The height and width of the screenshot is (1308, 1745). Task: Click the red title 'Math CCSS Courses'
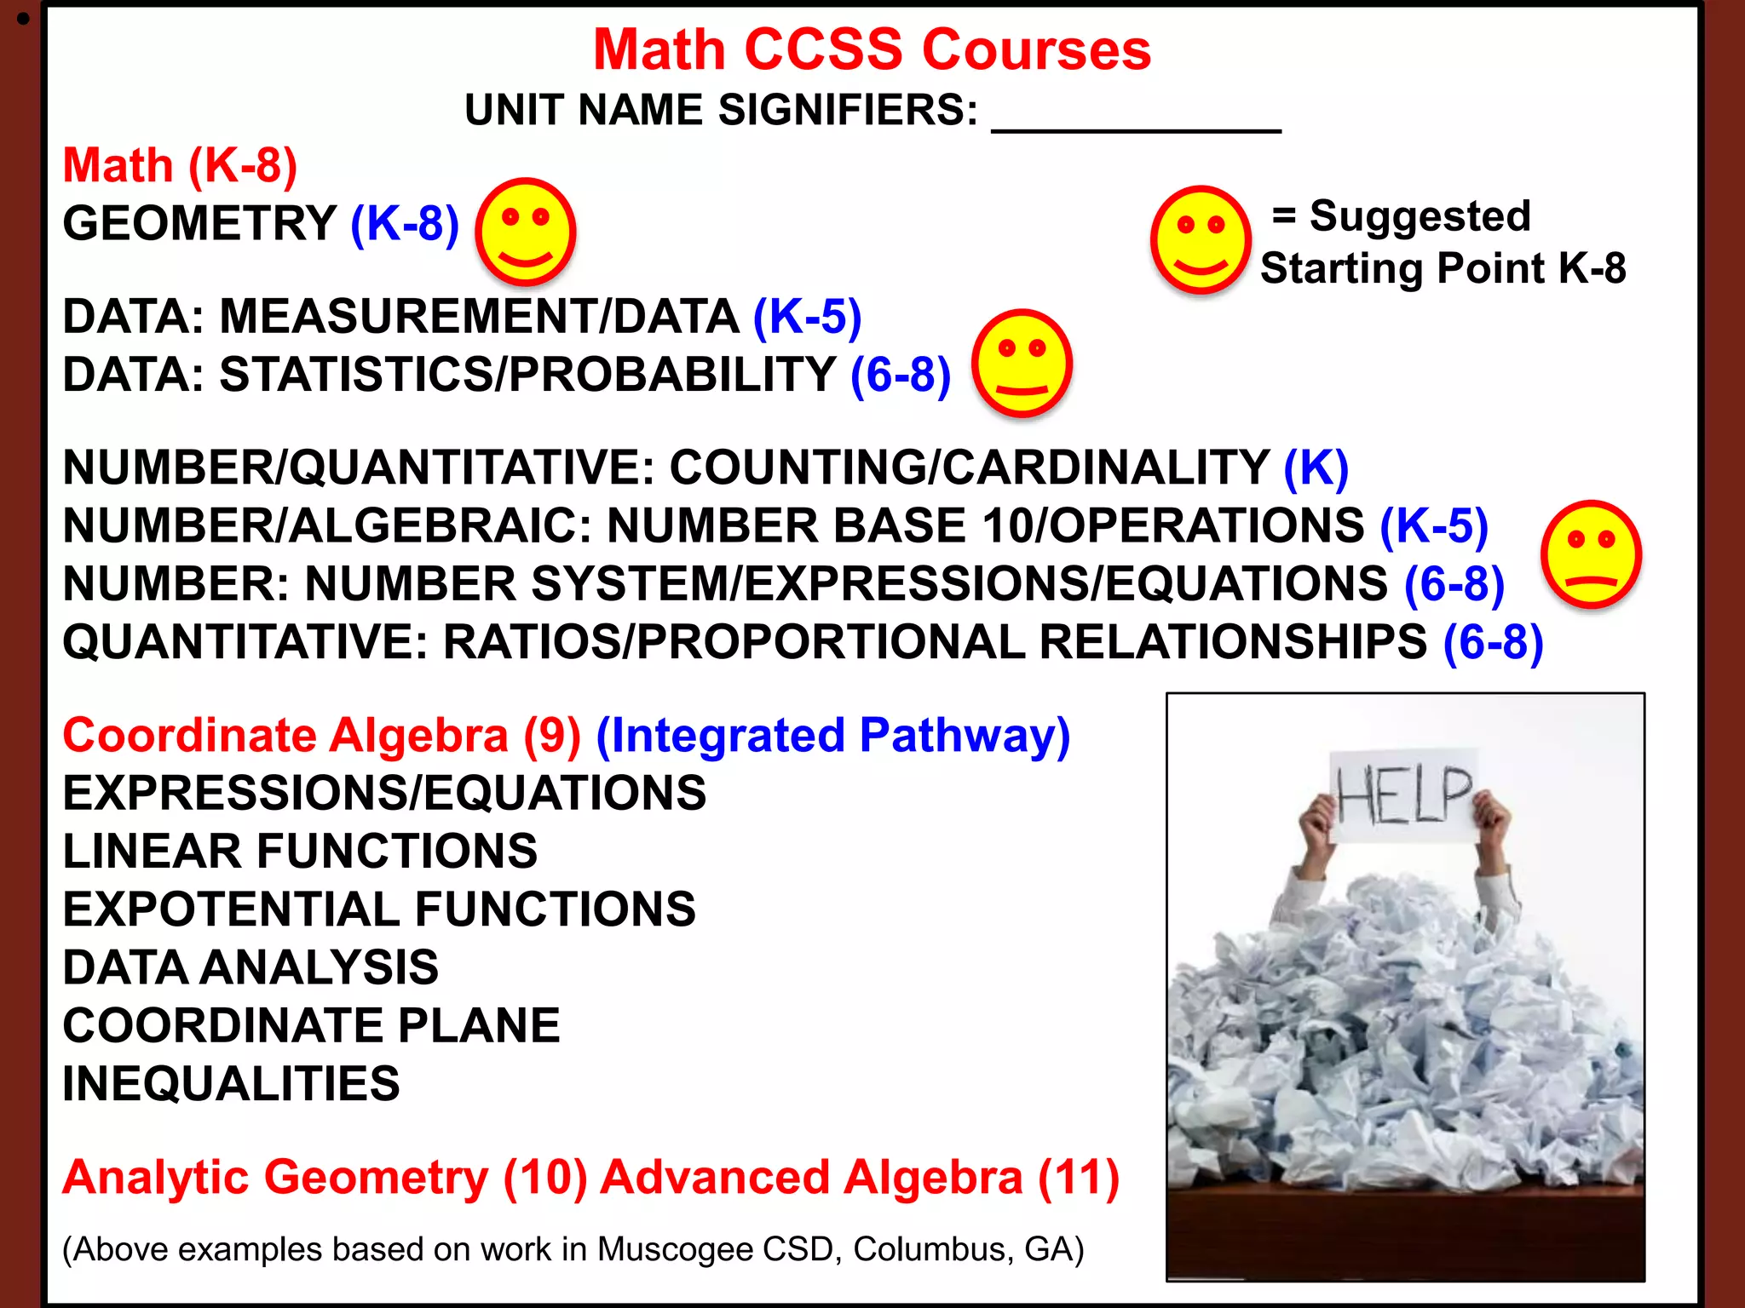[x=872, y=49]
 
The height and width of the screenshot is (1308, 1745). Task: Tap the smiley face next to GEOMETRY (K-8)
[x=525, y=232]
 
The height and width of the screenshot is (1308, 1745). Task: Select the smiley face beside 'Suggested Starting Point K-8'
[x=1200, y=239]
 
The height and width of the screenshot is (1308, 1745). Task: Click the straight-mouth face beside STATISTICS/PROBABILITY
[x=1022, y=363]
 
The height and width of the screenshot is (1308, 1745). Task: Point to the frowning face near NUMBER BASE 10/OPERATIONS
[x=1590, y=554]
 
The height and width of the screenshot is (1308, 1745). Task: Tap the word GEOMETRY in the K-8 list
[x=199, y=223]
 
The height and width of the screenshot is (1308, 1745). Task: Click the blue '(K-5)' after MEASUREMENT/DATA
[x=807, y=317]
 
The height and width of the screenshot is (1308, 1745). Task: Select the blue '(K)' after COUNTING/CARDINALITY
[x=1316, y=468]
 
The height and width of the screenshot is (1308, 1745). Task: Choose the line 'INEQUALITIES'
[x=231, y=1083]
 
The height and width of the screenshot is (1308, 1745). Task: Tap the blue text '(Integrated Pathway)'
[x=832, y=735]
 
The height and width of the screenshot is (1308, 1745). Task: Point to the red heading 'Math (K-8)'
[x=180, y=165]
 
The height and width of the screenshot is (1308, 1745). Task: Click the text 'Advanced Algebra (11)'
[x=859, y=1178]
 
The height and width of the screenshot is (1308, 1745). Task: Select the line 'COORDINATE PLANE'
[x=311, y=1025]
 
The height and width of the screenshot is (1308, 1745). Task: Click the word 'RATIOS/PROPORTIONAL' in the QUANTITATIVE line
[x=734, y=642]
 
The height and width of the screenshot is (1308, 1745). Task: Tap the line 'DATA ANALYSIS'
[x=251, y=967]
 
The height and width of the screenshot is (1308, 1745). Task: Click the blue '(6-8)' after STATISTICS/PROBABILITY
[x=901, y=375]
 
